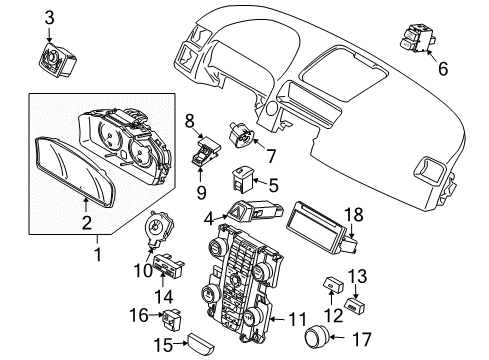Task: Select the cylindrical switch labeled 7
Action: coord(242,134)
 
